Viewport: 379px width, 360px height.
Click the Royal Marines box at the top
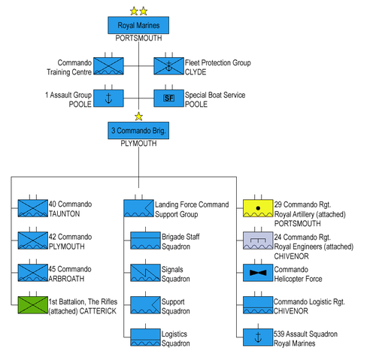point(138,26)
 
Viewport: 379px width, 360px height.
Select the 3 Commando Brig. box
point(138,131)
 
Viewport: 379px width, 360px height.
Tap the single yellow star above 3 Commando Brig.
point(138,116)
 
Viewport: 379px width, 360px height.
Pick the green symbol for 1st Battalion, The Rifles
point(32,304)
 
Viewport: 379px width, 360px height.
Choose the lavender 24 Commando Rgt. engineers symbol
point(259,240)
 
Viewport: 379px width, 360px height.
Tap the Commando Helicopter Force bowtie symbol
point(259,272)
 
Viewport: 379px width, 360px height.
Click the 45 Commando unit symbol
point(32,272)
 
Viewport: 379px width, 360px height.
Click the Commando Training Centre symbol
point(108,67)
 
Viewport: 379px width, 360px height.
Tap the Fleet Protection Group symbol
point(169,67)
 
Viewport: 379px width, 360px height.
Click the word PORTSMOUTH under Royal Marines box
point(138,40)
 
